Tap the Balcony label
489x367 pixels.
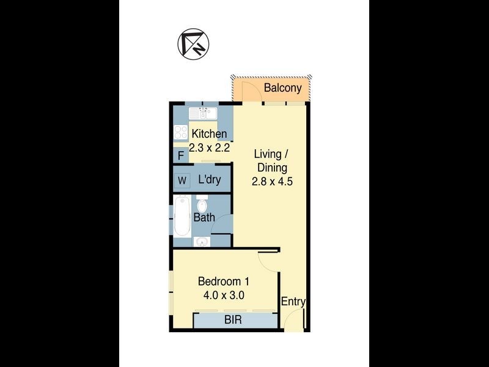coord(282,88)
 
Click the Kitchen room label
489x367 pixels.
coord(209,134)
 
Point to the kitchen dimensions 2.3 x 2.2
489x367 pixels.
coord(209,147)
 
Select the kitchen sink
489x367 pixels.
coord(202,113)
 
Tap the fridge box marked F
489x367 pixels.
coord(181,155)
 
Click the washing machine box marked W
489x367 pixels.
coord(182,180)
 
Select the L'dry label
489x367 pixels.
coord(210,180)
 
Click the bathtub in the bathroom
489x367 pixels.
coord(182,217)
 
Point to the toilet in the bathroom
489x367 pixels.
coord(202,206)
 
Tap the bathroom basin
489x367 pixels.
coord(202,242)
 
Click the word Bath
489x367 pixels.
coord(204,217)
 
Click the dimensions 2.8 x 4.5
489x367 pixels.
coord(270,182)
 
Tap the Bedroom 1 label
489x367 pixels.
coord(223,281)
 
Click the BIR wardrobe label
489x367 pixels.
coord(232,320)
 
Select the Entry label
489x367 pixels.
coord(293,302)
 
